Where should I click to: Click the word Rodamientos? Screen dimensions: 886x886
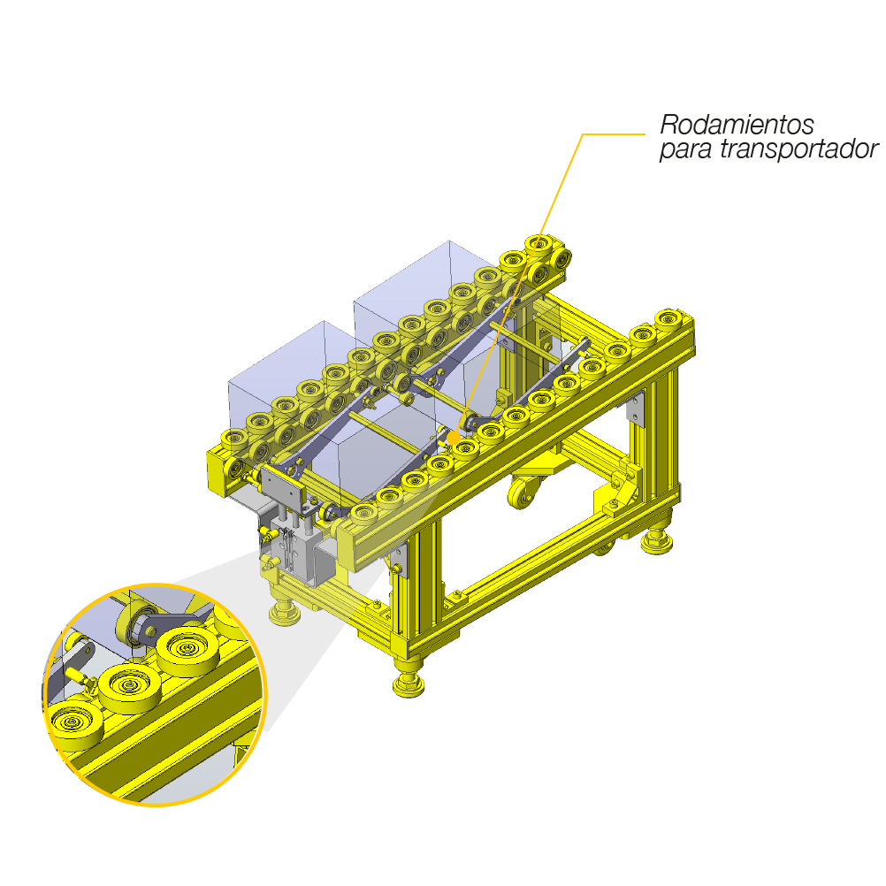[x=737, y=125]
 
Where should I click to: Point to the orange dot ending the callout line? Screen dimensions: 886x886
[x=454, y=438]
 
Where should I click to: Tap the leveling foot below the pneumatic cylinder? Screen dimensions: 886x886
[x=284, y=613]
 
